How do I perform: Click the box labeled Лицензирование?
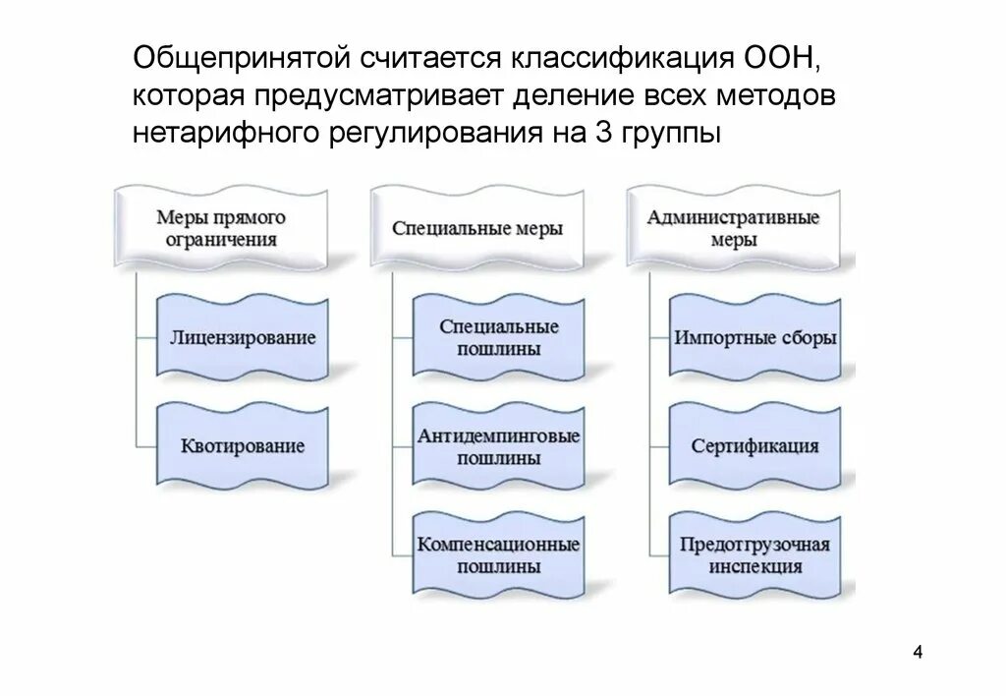point(243,338)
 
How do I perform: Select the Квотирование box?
point(243,446)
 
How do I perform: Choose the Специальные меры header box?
point(477,228)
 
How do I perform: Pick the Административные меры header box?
point(733,228)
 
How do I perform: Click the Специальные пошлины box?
point(499,337)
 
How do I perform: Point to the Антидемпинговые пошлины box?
point(499,446)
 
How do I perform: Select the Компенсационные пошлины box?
point(499,554)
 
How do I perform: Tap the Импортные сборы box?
point(754,338)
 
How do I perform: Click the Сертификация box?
point(754,446)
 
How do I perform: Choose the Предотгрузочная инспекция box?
point(754,554)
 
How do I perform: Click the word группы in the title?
point(670,133)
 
